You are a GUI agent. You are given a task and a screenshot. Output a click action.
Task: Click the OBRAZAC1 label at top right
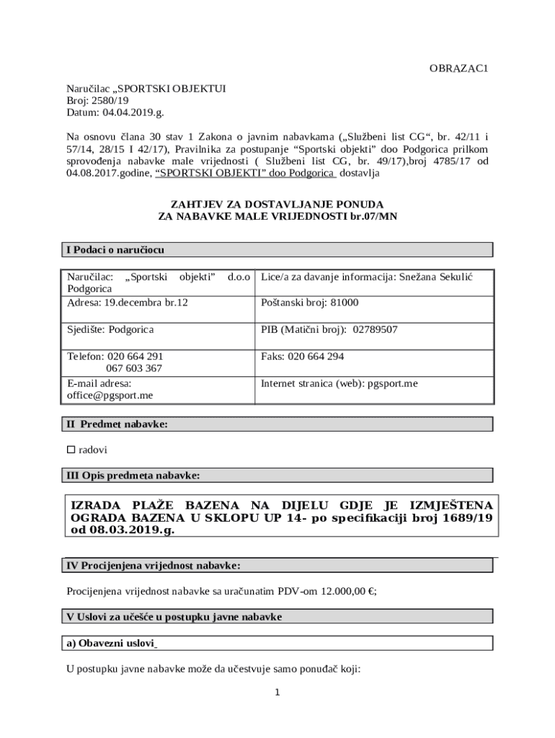point(459,68)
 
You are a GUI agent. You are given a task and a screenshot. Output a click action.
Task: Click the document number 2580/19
point(111,101)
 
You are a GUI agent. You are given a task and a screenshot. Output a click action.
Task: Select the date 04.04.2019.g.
point(133,113)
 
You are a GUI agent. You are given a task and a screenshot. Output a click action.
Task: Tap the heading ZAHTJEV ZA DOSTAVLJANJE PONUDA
point(277,204)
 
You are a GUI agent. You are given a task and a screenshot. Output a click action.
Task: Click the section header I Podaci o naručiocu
point(115,250)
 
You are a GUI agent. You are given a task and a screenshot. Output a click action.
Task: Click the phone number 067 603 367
point(134,368)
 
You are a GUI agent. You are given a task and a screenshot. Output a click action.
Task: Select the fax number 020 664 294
point(316,356)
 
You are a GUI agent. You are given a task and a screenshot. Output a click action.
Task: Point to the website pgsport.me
point(392,383)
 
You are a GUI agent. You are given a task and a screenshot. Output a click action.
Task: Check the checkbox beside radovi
point(71,449)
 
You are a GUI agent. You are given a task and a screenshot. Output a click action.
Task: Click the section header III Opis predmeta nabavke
point(133,475)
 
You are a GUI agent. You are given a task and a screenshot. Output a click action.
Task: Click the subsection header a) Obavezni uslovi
point(112,643)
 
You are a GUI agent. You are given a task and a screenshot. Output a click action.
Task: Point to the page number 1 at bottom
point(277,693)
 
